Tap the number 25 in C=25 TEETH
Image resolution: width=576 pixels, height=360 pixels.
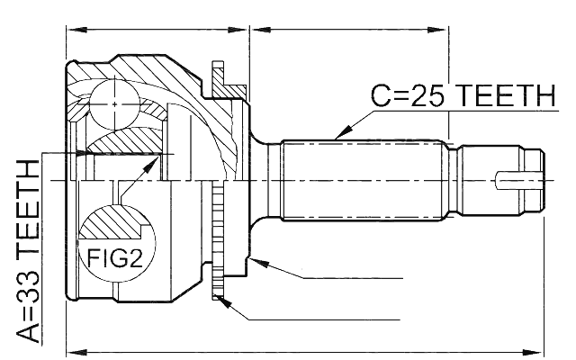point(427,95)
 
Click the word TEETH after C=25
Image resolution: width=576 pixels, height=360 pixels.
point(508,95)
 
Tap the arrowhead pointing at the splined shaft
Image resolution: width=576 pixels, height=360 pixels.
point(344,131)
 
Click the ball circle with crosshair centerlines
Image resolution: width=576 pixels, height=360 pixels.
point(114,104)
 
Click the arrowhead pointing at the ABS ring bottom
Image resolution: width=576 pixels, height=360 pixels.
point(224,302)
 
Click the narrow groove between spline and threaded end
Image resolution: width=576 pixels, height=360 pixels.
point(455,180)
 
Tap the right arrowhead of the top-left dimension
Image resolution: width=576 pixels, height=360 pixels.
point(238,30)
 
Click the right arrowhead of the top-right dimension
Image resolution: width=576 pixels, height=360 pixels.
point(437,30)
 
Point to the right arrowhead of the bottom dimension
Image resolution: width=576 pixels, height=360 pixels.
point(534,353)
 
